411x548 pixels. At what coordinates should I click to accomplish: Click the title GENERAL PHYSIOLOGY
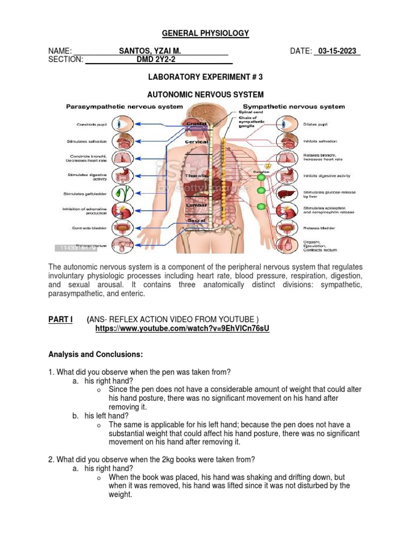tap(205, 33)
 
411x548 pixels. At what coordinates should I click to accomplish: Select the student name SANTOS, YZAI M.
tap(150, 51)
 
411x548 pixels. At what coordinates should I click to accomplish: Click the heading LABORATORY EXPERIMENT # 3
tap(205, 77)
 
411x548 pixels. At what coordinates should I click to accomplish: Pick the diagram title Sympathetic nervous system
tap(294, 106)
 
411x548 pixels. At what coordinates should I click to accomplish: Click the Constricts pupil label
tap(93, 125)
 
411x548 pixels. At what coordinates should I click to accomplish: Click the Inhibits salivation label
tap(320, 141)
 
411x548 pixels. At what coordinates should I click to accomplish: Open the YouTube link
tap(182, 329)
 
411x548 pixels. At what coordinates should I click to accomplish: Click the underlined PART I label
tap(60, 319)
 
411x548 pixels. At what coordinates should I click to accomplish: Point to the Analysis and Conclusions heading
tap(95, 354)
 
